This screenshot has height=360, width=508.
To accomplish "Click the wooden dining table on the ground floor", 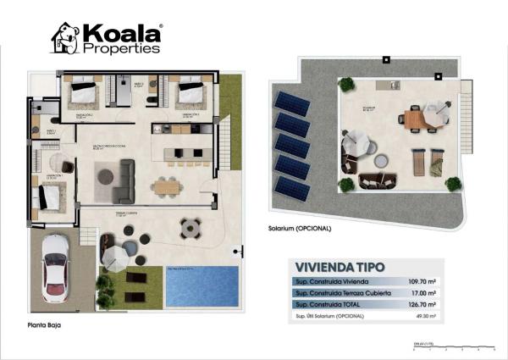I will click(x=167, y=185).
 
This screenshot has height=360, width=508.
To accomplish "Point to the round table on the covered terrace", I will click(x=190, y=227).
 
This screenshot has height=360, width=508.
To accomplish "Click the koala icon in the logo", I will click(x=65, y=38).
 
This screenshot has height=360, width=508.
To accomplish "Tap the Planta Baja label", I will click(x=43, y=324).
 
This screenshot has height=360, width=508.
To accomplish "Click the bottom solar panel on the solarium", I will click(x=292, y=188).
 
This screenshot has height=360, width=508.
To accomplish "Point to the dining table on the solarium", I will click(x=414, y=119).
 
